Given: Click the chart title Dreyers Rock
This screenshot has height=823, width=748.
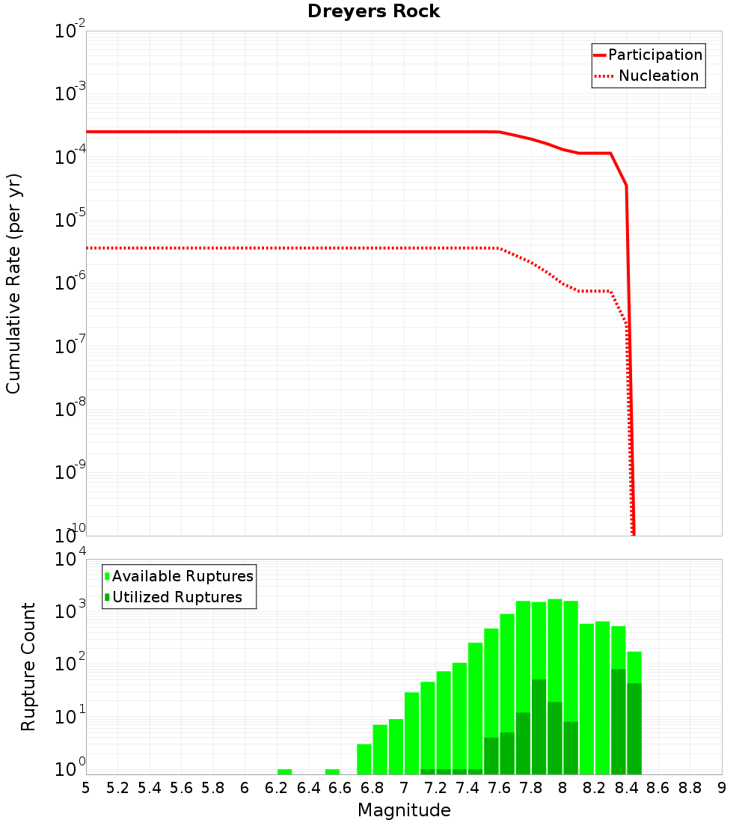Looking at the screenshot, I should tap(373, 12).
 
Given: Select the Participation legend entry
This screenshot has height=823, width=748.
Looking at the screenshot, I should tap(654, 55).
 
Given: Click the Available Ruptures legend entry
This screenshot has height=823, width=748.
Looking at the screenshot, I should tap(183, 576).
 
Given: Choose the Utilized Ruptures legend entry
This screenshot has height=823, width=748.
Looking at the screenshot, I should tap(177, 597).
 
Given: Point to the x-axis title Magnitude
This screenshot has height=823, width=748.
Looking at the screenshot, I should tap(404, 810).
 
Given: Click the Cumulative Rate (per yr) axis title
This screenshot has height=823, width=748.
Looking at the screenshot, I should tap(13, 284).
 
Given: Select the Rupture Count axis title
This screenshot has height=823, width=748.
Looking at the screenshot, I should tap(28, 667).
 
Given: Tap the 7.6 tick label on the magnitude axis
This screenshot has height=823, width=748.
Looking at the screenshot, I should tap(500, 787).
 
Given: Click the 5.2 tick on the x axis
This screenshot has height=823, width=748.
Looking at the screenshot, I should tap(117, 787).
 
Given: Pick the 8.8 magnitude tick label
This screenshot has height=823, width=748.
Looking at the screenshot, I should tap(690, 787).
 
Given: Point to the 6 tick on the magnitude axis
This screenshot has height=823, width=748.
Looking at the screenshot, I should tap(245, 787).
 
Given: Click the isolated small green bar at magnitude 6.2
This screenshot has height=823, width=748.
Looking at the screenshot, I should tap(284, 771).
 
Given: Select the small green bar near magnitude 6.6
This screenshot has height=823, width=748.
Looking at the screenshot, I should tap(332, 771).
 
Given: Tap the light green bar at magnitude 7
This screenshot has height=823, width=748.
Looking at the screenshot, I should tap(411, 733).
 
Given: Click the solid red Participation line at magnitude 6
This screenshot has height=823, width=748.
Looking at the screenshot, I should tap(245, 132).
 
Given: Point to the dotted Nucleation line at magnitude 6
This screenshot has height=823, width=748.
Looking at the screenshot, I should tap(245, 248).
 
